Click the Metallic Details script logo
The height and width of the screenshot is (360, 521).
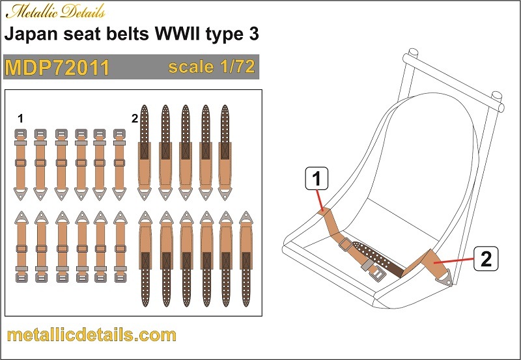click(56, 12)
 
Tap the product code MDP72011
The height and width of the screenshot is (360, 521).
click(57, 68)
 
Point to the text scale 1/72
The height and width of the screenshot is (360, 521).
click(212, 66)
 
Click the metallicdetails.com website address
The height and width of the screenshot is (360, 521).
click(91, 335)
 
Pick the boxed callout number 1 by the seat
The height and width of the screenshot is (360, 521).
click(317, 178)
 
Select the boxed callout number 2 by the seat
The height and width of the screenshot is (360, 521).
click(486, 258)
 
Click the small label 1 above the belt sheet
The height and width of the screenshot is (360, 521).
click(21, 118)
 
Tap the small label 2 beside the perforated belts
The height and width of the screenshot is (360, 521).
click(135, 118)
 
